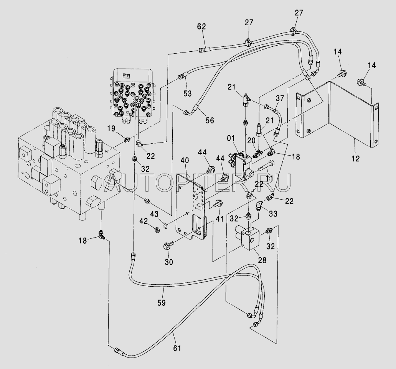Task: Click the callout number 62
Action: click(201, 27)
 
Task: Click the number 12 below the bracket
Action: click(356, 158)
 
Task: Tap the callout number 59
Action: click(162, 302)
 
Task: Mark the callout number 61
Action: click(177, 348)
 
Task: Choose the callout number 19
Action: click(111, 129)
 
